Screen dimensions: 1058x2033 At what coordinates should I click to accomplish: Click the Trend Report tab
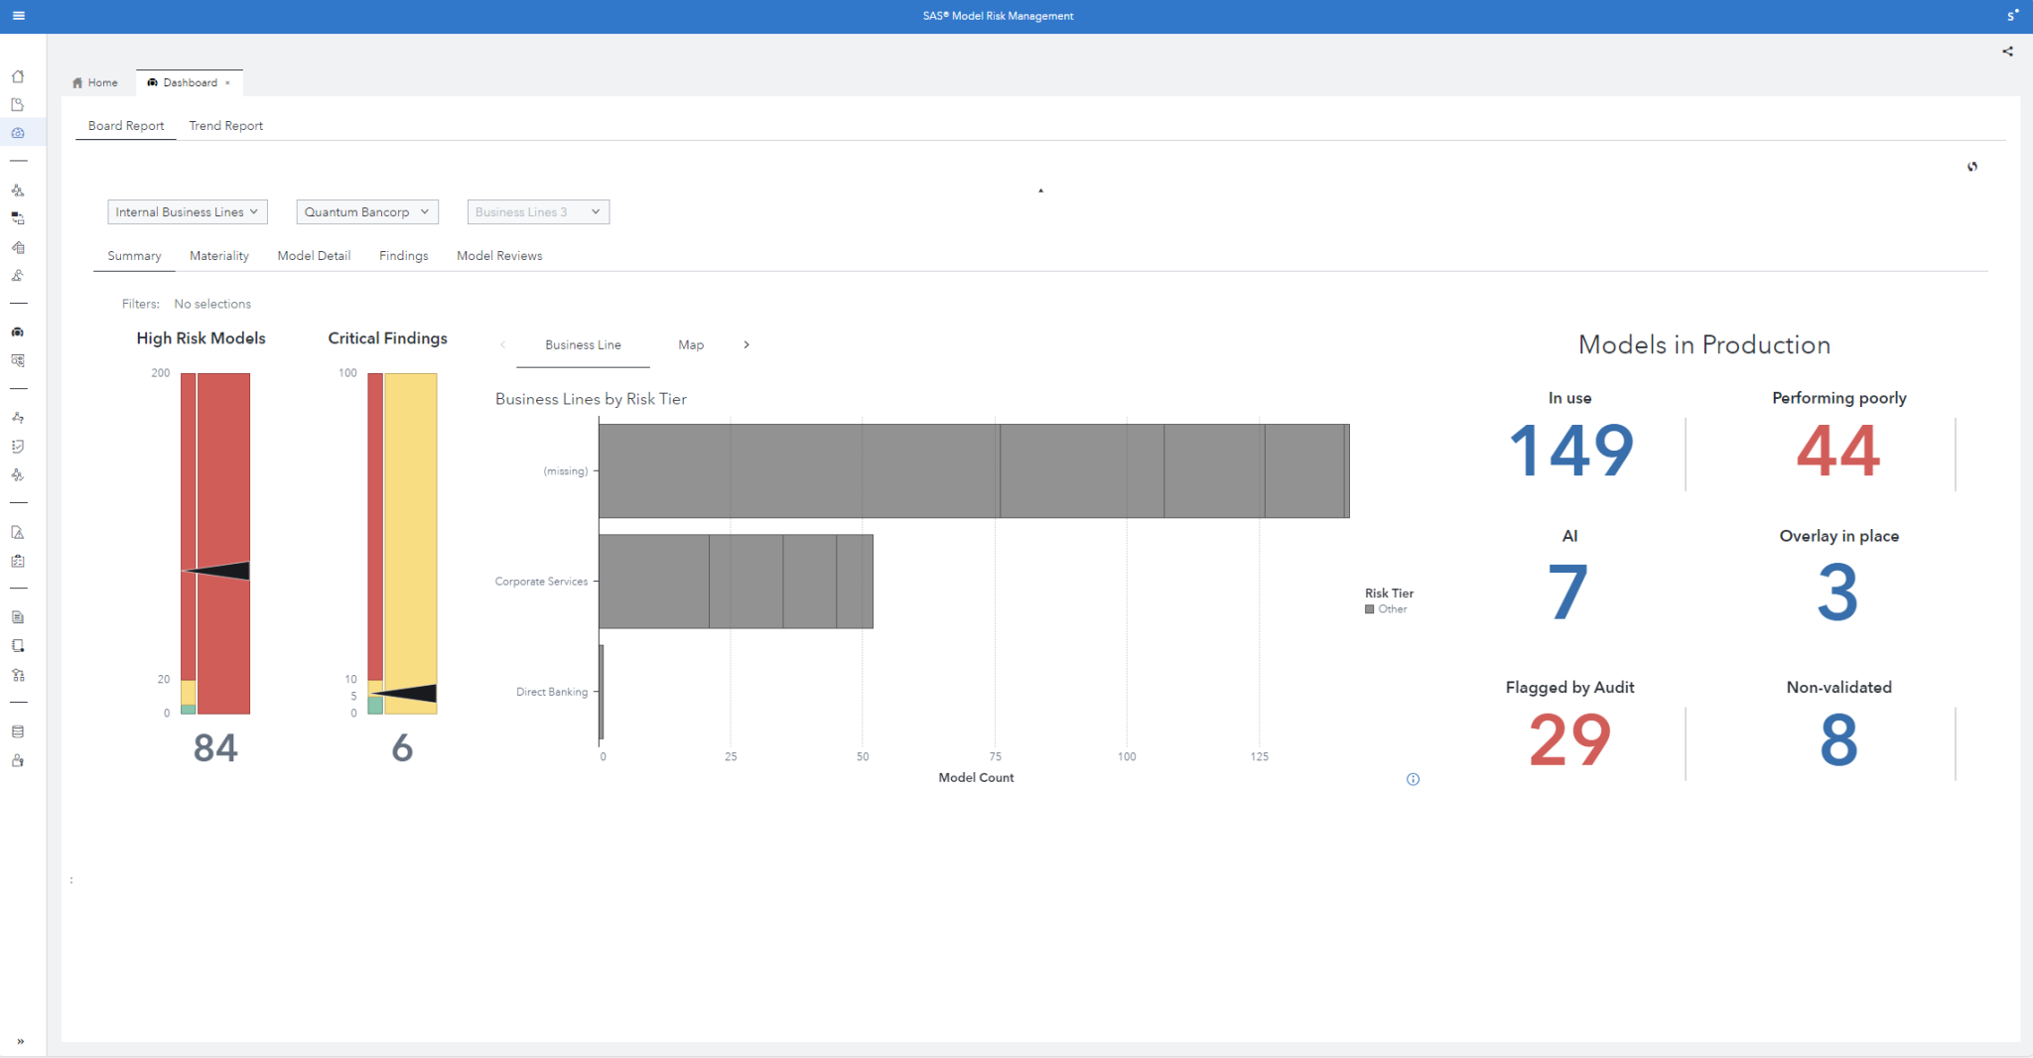tap(225, 126)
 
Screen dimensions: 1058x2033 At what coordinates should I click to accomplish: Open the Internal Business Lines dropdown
tap(187, 212)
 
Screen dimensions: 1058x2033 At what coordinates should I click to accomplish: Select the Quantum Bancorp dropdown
tap(366, 212)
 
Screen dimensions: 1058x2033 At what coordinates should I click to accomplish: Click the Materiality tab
tap(218, 256)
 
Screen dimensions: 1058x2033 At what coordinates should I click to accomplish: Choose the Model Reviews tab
tap(499, 256)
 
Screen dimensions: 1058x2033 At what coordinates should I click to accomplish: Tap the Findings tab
tap(403, 256)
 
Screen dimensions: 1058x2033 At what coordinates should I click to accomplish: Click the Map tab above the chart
tap(691, 345)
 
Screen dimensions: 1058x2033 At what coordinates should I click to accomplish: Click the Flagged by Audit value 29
tap(1569, 740)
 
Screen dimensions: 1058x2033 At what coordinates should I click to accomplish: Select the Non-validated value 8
tap(1838, 740)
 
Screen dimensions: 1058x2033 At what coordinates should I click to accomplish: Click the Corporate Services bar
tap(735, 582)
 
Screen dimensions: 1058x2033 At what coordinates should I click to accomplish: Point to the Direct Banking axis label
tap(552, 692)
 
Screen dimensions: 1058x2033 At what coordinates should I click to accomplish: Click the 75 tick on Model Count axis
tap(995, 757)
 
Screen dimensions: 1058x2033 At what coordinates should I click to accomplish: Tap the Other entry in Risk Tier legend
tap(1392, 609)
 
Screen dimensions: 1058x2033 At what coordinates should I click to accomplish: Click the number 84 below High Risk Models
tap(215, 748)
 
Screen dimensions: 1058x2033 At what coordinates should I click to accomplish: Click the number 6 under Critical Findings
tap(402, 748)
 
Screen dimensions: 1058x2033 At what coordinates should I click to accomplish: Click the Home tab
tap(95, 83)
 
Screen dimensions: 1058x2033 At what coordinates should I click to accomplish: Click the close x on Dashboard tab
tap(227, 83)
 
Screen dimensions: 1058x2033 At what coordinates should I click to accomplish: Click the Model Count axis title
tap(976, 778)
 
